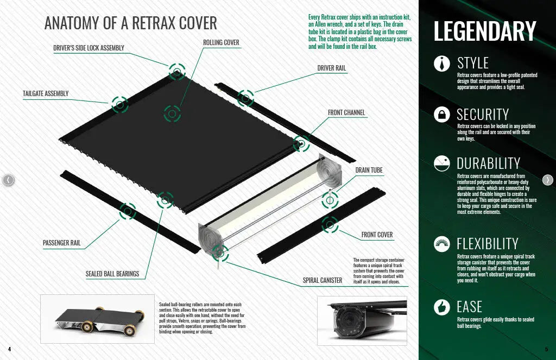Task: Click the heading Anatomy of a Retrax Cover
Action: [130, 23]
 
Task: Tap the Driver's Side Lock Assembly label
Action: [89, 48]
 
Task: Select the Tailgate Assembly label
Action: [46, 93]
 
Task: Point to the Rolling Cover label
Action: [221, 42]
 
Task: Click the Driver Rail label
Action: [332, 68]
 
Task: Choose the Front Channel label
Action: [346, 112]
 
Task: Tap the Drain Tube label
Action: [369, 170]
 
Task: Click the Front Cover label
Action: [377, 235]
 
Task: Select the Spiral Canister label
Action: [323, 280]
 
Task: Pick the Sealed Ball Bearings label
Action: [112, 274]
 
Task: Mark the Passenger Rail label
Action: [61, 243]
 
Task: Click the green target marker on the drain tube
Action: [329, 200]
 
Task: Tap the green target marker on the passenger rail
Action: [128, 211]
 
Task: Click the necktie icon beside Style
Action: [442, 63]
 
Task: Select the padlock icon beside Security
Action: [442, 114]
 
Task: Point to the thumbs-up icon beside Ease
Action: [442, 307]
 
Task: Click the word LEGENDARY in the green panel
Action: [485, 31]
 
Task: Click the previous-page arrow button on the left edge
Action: [8, 180]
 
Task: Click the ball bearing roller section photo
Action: [98, 318]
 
